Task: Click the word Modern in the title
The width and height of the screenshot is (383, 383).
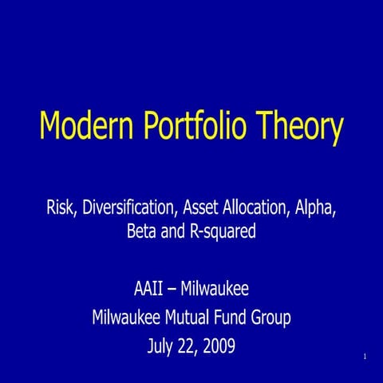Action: pos(84,126)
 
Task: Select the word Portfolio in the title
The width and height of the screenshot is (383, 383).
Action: pos(199,126)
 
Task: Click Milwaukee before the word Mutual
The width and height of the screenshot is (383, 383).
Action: pos(128,318)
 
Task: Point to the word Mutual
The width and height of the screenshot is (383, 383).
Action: pos(195,318)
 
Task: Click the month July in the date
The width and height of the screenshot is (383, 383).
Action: pos(162,348)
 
